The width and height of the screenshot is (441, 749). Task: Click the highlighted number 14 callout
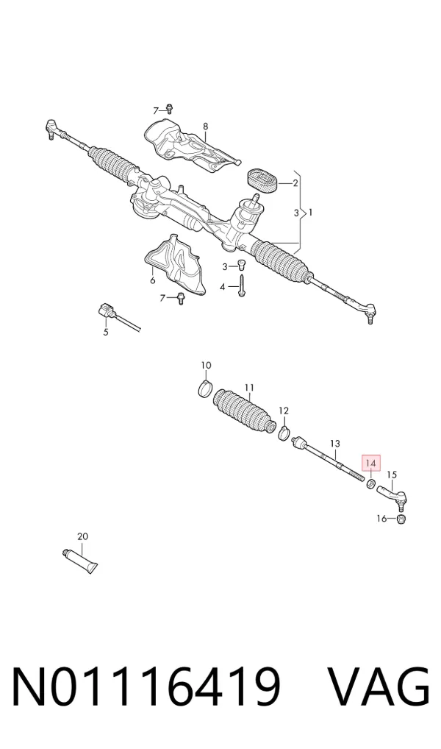(371, 463)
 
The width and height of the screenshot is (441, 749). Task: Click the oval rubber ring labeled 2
(262, 181)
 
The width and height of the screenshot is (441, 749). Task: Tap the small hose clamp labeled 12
(284, 432)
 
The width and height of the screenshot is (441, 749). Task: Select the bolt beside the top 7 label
(170, 108)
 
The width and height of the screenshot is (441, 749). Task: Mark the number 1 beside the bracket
(310, 212)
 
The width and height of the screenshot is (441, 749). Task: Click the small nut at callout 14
(370, 484)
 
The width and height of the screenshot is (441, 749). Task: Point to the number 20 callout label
(82, 537)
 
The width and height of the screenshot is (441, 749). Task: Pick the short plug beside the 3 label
(241, 264)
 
